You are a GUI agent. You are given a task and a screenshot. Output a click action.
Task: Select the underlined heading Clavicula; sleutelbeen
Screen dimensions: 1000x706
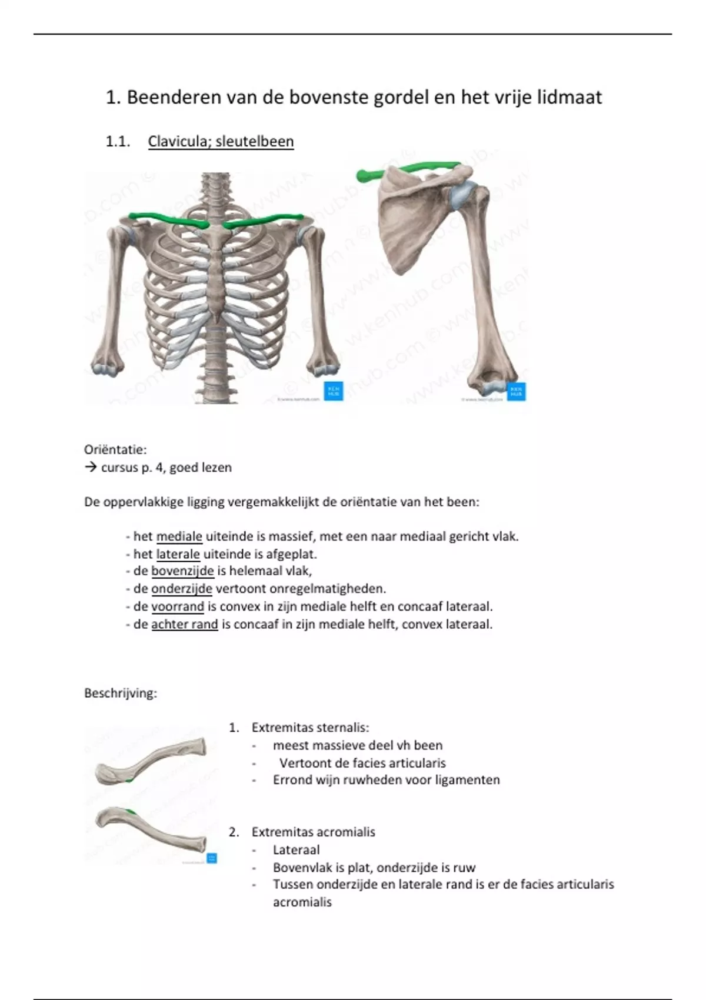pos(221,142)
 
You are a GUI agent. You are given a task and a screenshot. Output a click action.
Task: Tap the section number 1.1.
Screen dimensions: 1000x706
pos(118,142)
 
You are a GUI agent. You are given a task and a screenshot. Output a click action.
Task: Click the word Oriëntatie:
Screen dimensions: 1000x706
pos(115,450)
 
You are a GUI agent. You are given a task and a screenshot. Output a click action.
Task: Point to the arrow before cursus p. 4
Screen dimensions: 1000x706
pos(90,468)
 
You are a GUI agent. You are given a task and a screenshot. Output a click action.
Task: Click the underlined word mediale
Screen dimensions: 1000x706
pos(179,536)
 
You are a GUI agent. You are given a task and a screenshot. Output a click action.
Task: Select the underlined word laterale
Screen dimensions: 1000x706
pos(178,554)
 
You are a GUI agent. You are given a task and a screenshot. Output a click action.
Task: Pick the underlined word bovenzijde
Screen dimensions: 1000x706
pos(182,571)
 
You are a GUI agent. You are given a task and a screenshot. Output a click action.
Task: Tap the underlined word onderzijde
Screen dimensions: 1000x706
pos(182,589)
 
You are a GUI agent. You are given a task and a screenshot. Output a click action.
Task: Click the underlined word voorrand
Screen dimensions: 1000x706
pos(178,606)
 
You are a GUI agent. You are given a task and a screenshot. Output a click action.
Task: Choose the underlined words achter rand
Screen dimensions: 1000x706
pos(185,624)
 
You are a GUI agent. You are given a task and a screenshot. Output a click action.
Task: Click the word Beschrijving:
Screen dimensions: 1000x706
pos(121,693)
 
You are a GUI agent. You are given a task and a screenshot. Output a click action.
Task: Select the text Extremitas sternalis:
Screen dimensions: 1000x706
pos(310,728)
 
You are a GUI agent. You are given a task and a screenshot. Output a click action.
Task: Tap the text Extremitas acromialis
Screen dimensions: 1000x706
pos(313,832)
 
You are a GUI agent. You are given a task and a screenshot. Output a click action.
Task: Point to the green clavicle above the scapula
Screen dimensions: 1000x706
pos(412,169)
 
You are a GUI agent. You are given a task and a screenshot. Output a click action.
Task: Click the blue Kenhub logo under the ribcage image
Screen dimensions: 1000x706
pos(334,392)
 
